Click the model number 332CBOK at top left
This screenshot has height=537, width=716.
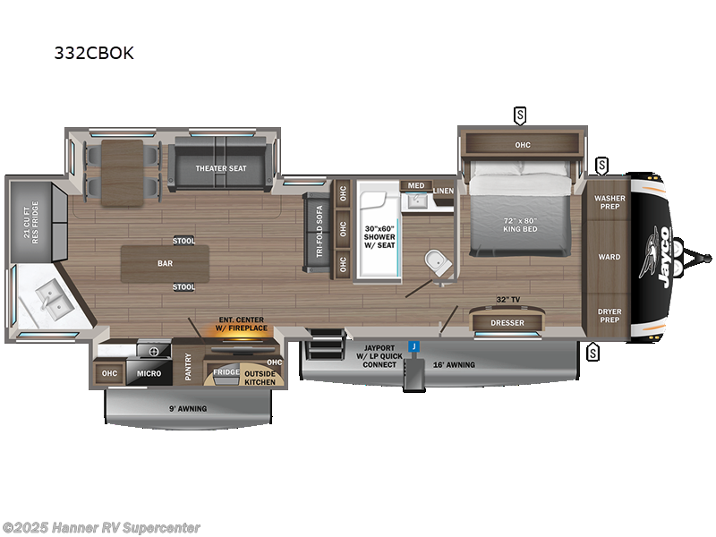click(93, 53)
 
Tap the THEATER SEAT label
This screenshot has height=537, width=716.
click(221, 167)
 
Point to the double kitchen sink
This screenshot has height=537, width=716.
click(45, 297)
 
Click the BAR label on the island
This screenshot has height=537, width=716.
click(165, 264)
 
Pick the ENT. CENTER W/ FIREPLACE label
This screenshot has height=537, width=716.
click(241, 324)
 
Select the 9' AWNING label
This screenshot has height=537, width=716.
click(187, 408)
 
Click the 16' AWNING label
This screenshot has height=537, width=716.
click(455, 364)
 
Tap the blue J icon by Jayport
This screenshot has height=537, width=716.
click(413, 346)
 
